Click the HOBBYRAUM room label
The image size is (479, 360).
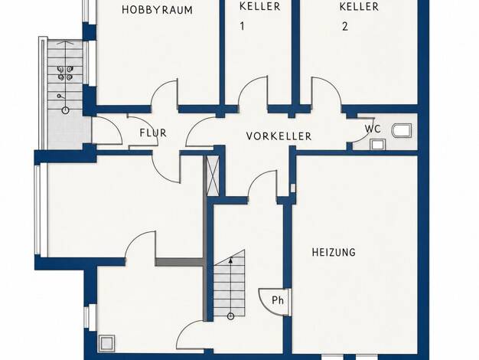(157, 10)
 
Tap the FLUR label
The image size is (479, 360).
(153, 133)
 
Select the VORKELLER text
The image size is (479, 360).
(279, 136)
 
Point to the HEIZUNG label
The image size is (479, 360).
(334, 252)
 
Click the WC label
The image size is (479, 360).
(373, 129)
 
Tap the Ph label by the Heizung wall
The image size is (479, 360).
(278, 300)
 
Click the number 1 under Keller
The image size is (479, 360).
(243, 27)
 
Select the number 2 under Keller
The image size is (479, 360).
(345, 27)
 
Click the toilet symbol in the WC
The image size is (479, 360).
(402, 131)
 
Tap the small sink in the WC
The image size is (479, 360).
(377, 144)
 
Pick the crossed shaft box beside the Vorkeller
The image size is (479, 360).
(213, 175)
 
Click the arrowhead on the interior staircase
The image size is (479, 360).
(230, 260)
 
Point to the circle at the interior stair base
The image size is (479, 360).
(230, 316)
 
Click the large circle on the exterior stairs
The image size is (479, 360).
(65, 110)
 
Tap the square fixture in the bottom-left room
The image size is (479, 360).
(106, 343)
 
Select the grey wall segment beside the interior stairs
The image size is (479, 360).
(179, 262)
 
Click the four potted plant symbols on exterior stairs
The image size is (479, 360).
(65, 74)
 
